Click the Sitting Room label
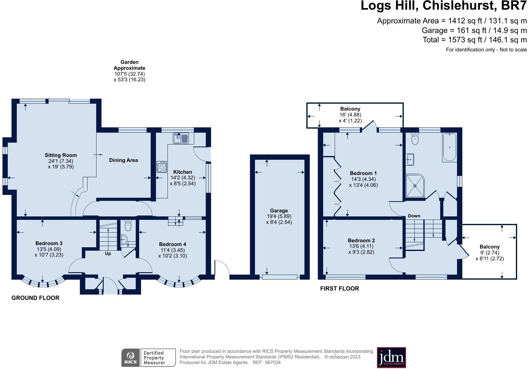[x=61, y=155]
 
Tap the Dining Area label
[x=124, y=160]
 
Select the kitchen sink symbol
[x=181, y=138]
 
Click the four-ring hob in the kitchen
[x=162, y=167]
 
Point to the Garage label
[x=279, y=211]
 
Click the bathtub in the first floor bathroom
[x=450, y=147]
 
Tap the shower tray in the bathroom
[x=415, y=186]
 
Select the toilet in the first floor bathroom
[x=415, y=138]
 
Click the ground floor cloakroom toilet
[x=128, y=225]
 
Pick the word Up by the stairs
[x=108, y=253]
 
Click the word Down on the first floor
[x=414, y=216]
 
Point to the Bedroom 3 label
[x=49, y=243]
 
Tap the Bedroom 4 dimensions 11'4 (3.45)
[x=172, y=250]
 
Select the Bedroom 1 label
[x=363, y=173]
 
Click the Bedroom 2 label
[x=361, y=240]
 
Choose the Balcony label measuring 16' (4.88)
[x=350, y=109]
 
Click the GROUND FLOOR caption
[x=35, y=298]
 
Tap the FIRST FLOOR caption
[x=339, y=288]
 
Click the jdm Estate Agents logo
[x=391, y=357]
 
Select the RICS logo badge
[x=131, y=358]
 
